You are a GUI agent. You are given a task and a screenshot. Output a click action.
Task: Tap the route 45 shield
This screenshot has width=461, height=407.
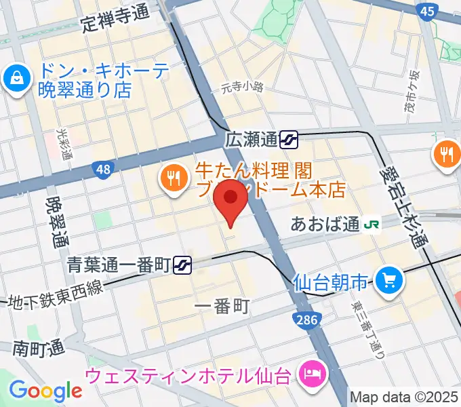click(426, 11)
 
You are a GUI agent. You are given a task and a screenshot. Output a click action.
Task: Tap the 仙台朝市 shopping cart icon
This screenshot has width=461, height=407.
click(389, 279)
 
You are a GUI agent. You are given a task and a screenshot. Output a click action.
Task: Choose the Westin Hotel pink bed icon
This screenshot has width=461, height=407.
click(313, 372)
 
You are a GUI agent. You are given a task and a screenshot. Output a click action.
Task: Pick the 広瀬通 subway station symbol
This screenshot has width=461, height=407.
click(290, 140)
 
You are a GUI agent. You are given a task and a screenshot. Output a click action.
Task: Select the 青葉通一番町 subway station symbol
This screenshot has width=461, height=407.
click(182, 263)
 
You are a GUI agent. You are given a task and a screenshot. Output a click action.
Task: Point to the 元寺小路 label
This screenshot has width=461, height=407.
click(241, 87)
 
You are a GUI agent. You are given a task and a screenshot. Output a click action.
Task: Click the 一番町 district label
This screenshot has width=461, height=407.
click(222, 307)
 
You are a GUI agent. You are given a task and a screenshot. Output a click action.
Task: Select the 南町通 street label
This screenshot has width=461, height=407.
click(38, 348)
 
